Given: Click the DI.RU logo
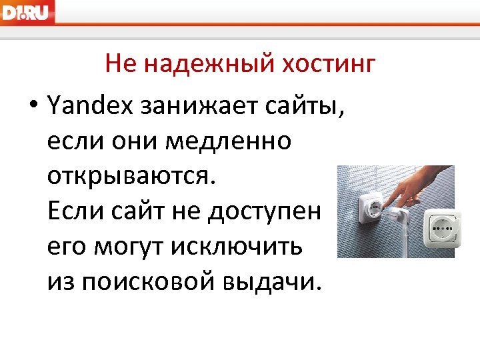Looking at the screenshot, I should click(27, 12).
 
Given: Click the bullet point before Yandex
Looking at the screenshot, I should click(32, 105).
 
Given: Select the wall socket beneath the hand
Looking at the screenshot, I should click(365, 204).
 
